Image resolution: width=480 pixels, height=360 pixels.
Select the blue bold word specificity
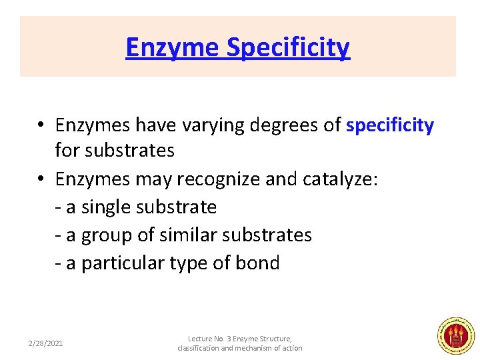(x=390, y=125)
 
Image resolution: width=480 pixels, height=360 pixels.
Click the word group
(x=109, y=235)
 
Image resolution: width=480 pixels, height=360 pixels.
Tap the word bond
(x=257, y=263)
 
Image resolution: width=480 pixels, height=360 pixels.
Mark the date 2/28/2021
(x=46, y=343)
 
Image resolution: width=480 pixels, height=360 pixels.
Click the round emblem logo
(x=455, y=335)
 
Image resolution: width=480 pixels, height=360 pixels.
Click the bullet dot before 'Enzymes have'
(x=41, y=125)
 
